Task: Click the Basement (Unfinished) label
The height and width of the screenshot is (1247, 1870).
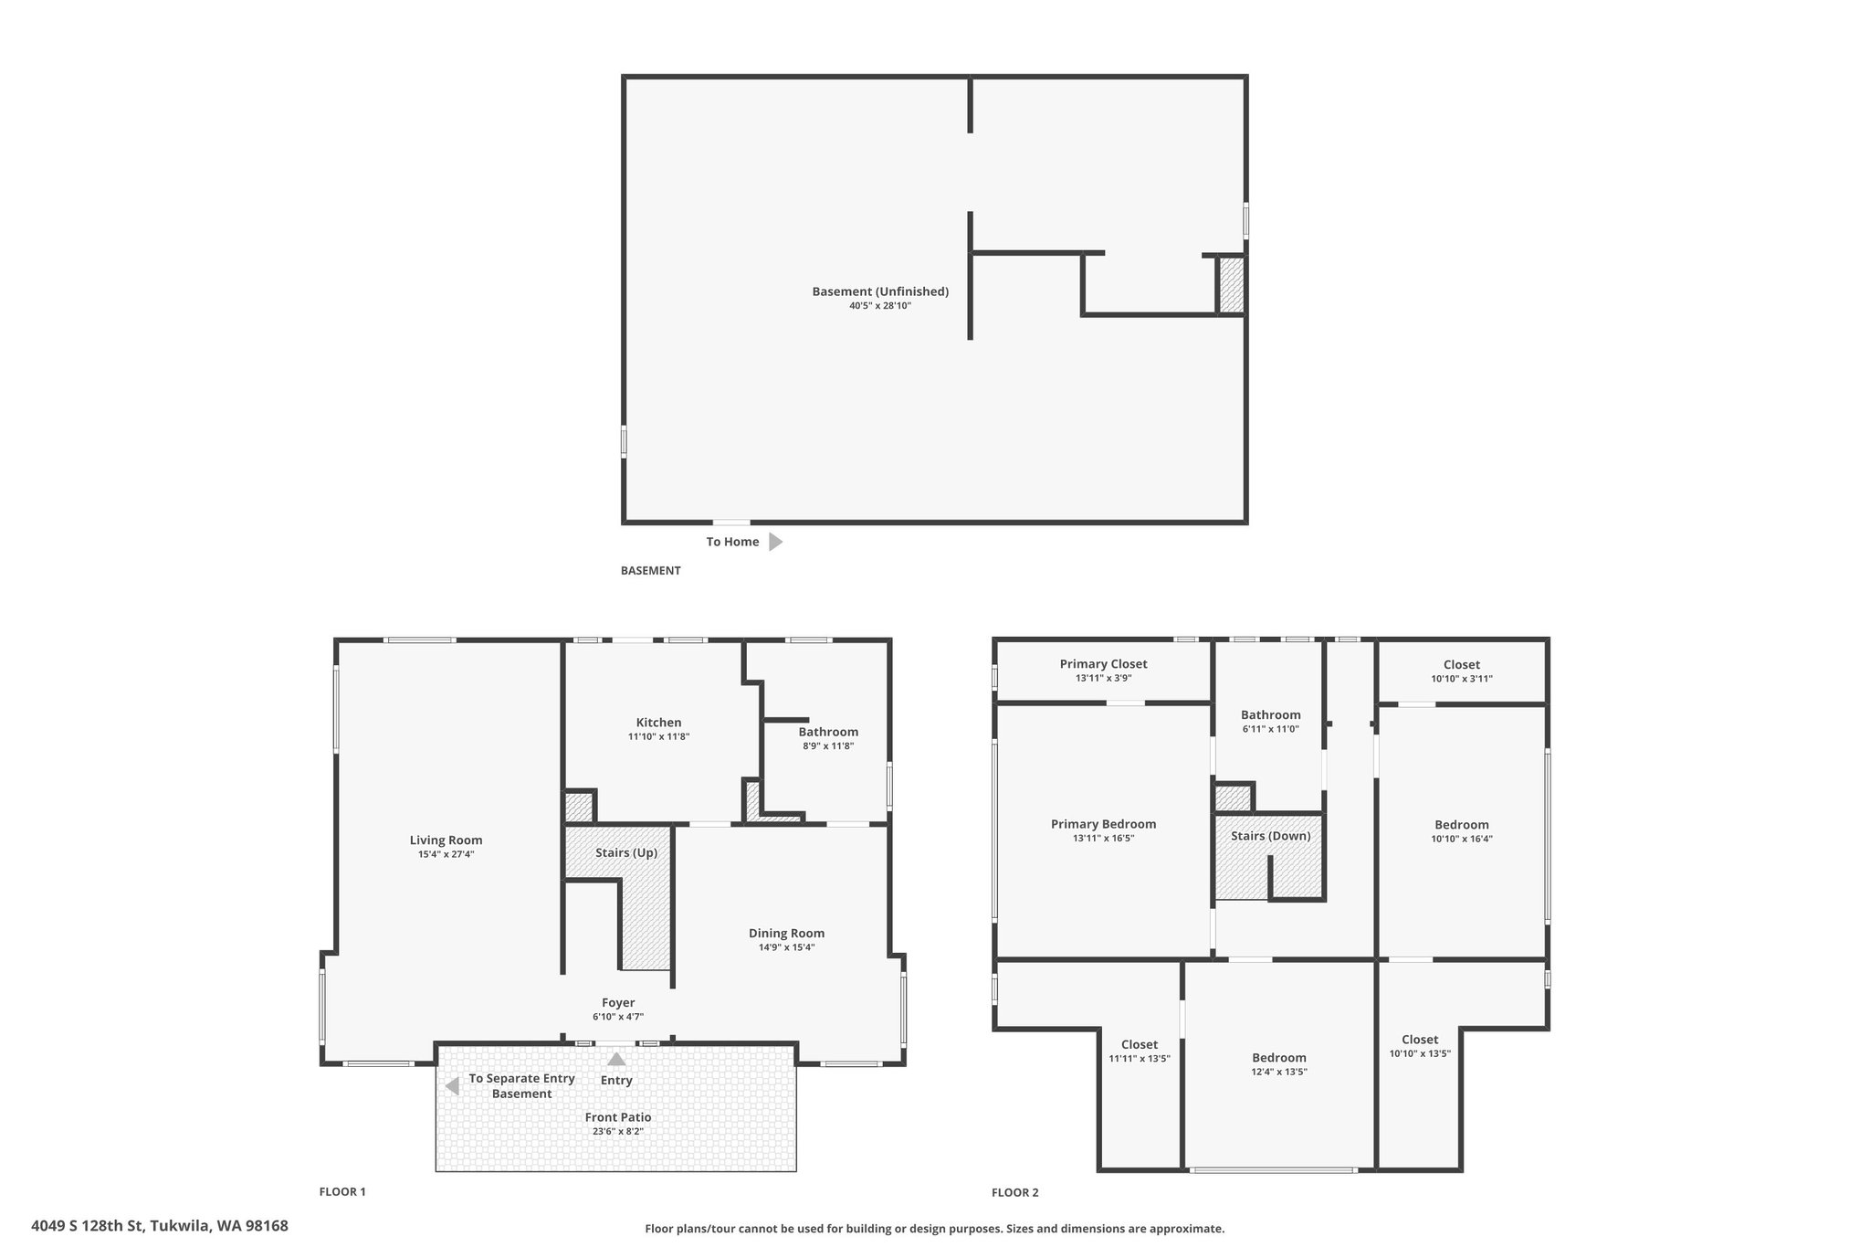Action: tap(880, 291)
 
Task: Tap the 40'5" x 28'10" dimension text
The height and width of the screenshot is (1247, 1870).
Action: tap(880, 306)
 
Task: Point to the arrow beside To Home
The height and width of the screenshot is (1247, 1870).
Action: tap(775, 542)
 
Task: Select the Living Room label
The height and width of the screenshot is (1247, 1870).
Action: tap(446, 840)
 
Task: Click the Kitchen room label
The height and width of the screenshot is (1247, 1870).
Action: tap(658, 723)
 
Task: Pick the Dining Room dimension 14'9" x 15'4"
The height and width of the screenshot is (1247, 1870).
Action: tap(786, 947)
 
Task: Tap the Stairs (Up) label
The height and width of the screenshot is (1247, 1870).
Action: tap(626, 853)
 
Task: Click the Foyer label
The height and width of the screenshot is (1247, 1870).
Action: tap(618, 1003)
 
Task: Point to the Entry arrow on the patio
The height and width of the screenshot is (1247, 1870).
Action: tap(617, 1059)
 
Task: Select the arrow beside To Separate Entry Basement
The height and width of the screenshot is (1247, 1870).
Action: tap(451, 1086)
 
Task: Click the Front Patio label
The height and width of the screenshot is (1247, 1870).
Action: tap(618, 1117)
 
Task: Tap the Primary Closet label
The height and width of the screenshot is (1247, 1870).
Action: tap(1103, 664)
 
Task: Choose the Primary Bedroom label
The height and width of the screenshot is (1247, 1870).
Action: tap(1103, 824)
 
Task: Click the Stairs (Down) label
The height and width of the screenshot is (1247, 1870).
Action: tap(1270, 836)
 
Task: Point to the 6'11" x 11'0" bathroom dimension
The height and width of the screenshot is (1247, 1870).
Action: tap(1270, 729)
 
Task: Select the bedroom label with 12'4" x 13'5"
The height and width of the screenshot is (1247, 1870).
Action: tap(1279, 1058)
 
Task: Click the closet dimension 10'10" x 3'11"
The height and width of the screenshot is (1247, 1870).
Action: tap(1462, 679)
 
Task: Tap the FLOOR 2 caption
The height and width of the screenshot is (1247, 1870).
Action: tap(1015, 1192)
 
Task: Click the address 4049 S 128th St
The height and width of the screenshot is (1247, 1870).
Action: tap(87, 1226)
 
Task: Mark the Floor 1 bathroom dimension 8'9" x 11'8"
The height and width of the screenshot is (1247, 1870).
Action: tap(828, 745)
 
